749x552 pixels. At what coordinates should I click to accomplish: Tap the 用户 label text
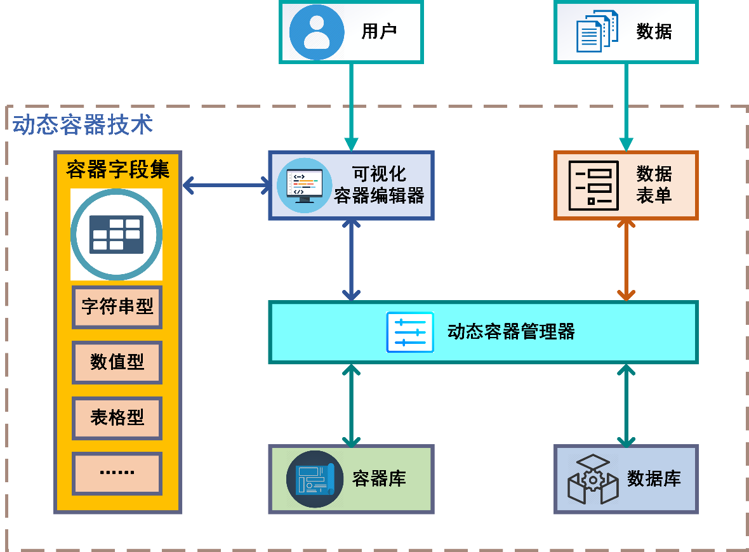pyautogui.click(x=379, y=32)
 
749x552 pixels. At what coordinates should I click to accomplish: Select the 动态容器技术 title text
pyautogui.click(x=83, y=124)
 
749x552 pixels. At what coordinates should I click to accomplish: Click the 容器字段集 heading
pyautogui.click(x=117, y=169)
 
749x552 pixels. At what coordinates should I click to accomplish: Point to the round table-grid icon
pyautogui.click(x=116, y=234)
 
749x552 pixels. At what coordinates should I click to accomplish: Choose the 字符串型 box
pyautogui.click(x=117, y=307)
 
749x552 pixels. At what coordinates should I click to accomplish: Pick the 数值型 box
pyautogui.click(x=117, y=362)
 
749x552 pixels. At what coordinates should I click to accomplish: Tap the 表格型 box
pyautogui.click(x=117, y=417)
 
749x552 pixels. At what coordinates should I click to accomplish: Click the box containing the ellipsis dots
pyautogui.click(x=117, y=473)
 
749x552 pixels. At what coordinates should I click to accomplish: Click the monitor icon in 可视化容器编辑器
pyautogui.click(x=304, y=185)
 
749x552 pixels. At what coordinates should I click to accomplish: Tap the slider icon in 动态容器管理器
pyautogui.click(x=410, y=332)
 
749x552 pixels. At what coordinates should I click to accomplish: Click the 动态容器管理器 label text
pyautogui.click(x=511, y=332)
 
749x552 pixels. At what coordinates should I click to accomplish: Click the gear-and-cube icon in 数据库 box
pyautogui.click(x=592, y=479)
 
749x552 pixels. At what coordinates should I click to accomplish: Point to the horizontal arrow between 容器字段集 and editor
pyautogui.click(x=226, y=186)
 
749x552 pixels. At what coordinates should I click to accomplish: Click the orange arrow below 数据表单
pyautogui.click(x=626, y=260)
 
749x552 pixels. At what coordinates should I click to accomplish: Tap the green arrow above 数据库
pyautogui.click(x=626, y=404)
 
